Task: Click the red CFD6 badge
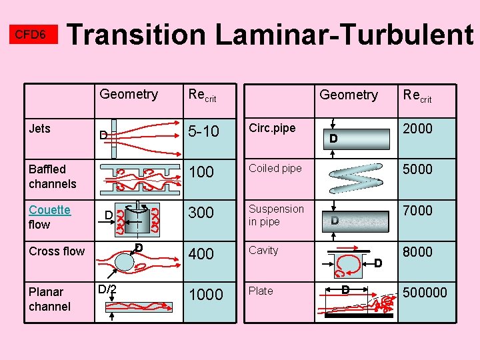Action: pos(31,35)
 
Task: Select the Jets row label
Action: pos(39,129)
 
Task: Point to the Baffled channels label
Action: pos(52,177)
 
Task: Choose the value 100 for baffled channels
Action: pos(201,173)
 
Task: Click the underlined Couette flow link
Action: pos(49,217)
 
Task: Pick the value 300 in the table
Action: pos(201,213)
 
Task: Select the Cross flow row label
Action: pos(57,251)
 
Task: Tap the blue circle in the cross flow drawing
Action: pos(125,261)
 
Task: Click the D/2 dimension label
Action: pos(107,289)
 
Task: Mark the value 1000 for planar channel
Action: pos(206,295)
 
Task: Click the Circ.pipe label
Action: pos(271,128)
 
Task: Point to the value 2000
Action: pos(417,129)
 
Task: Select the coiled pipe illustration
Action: pos(355,176)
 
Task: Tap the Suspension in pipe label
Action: pos(276,215)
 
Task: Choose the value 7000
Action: pos(417,211)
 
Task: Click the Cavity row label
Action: pos(263,251)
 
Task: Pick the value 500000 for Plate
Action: pos(425,293)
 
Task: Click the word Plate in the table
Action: pos(261,291)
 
